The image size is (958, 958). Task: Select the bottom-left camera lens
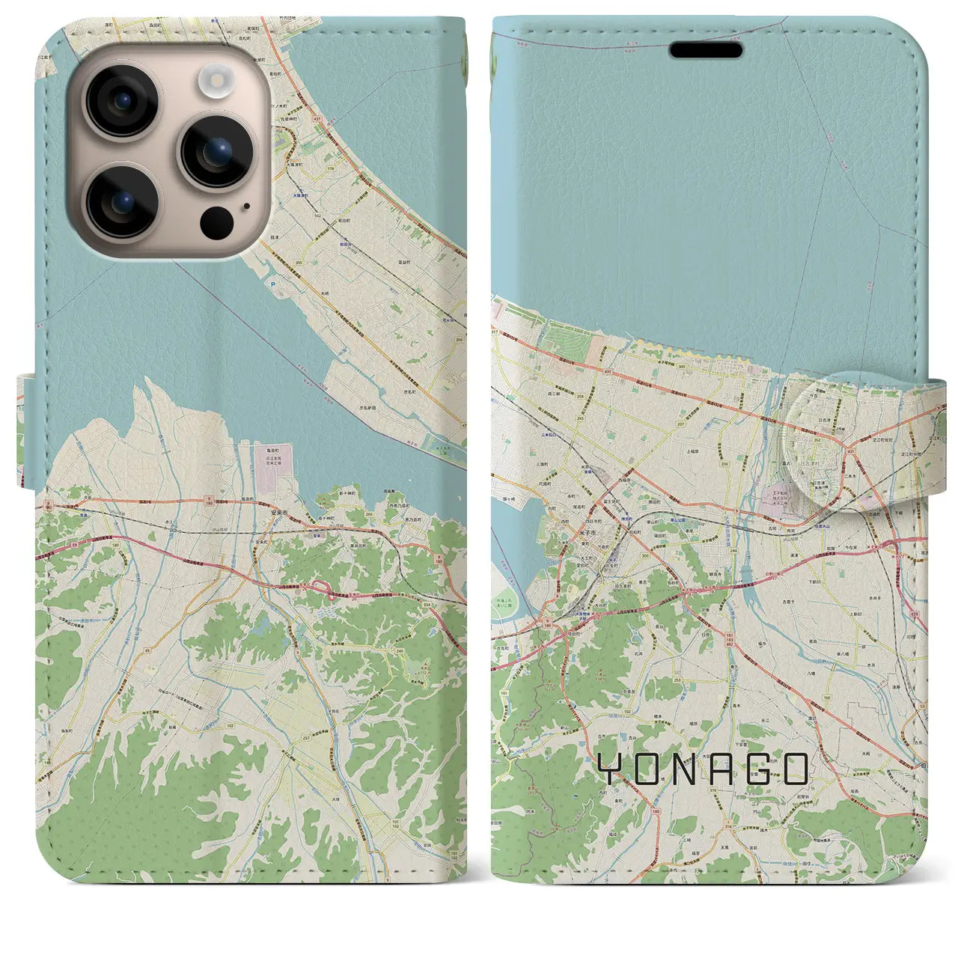point(120,201)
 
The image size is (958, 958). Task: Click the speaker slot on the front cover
point(706,50)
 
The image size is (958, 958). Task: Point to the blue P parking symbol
point(272,284)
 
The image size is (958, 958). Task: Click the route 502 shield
point(318,237)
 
